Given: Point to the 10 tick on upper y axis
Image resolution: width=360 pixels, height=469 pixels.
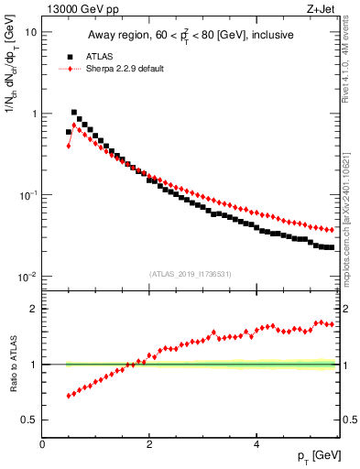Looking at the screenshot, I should tap(30, 32).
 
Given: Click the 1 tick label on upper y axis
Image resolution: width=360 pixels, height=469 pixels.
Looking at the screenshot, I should tap(33, 114).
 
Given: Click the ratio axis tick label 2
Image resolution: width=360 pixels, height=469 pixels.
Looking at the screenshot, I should tap(33, 309).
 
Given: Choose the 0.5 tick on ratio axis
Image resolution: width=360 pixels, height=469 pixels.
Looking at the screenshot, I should tap(29, 420).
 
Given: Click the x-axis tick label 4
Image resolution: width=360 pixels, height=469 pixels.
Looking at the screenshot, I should tap(256, 444).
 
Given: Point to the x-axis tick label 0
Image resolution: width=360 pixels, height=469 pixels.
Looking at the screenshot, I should tap(42, 444).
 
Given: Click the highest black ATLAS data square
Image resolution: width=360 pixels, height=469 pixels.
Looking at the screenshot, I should tap(74, 113).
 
